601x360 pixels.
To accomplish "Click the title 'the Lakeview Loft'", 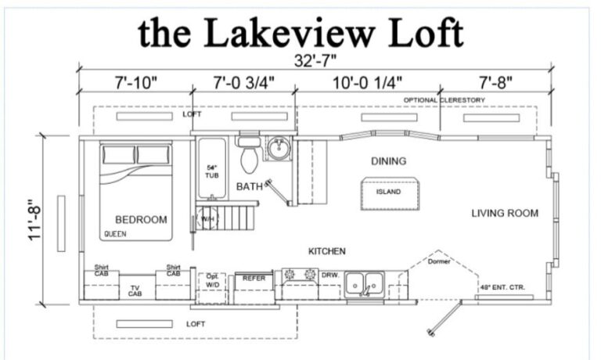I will pos(301,33).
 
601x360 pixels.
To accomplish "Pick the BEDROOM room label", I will pos(141,219).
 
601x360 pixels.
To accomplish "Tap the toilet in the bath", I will pos(249,159).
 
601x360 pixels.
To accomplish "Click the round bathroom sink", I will pos(277,147).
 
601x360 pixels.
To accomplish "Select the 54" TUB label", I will pos(211,171).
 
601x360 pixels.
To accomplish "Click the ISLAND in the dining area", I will pos(388,193).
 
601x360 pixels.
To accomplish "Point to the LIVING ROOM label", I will pos(505,213).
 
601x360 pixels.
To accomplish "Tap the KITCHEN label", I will pos(327,251).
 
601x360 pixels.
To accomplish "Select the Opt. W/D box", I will pos(213,280).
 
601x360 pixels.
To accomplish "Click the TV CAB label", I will pos(135,290).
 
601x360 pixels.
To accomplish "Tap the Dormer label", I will pos(439,261).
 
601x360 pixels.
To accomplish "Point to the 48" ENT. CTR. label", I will pos(503,288).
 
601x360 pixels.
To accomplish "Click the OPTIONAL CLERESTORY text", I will pos(444,100).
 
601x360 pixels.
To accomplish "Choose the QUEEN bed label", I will pos(114,234).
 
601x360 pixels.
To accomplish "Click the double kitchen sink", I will pos(365,282).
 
